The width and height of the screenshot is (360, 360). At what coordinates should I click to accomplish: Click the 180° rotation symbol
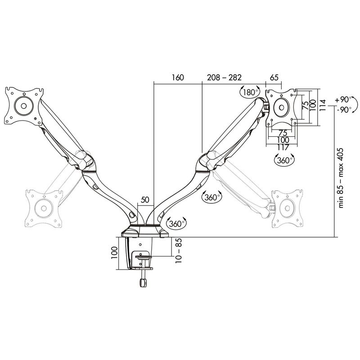249,92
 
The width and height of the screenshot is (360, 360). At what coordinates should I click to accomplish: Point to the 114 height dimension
321,107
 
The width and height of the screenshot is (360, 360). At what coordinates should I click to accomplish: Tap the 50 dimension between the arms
144,199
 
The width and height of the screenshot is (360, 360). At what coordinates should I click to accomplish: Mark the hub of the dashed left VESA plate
44,207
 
